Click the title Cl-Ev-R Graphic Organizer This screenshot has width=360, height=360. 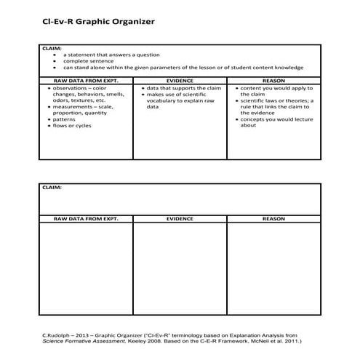tap(98, 22)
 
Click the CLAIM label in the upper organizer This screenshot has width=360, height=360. tap(53, 49)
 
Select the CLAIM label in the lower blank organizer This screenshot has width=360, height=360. tap(53, 188)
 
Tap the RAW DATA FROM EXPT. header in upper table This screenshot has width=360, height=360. tap(86, 80)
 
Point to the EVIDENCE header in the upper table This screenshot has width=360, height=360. tap(180, 80)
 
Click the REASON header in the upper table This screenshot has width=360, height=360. tap(273, 80)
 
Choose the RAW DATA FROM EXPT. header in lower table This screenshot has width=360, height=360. tap(86, 218)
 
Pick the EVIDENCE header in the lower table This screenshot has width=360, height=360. tap(180, 218)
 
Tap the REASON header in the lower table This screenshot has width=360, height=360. tap(273, 218)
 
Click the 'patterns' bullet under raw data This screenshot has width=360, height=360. tap(64, 119)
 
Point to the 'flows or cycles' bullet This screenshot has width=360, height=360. tap(71, 126)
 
